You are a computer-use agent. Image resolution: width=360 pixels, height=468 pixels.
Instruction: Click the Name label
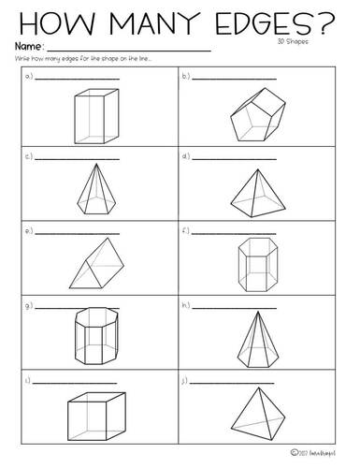(x=27, y=46)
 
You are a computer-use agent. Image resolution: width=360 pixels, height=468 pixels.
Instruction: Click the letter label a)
(x=29, y=78)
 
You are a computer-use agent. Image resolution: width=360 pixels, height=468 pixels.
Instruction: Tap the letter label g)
(x=29, y=306)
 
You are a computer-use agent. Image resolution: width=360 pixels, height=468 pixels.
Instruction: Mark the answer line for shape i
(x=76, y=384)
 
